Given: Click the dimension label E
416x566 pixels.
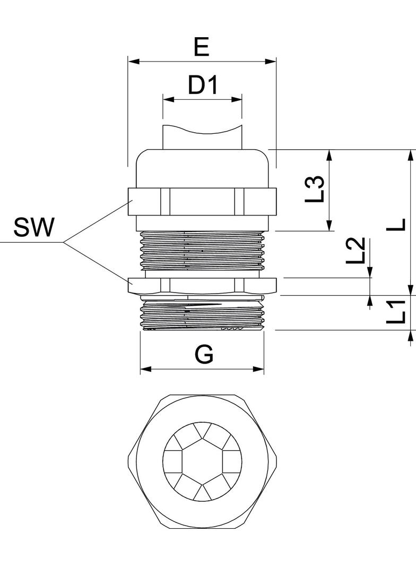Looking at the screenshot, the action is [202, 47].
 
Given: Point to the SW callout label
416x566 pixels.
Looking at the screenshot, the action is [34, 227].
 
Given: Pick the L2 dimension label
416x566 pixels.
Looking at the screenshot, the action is [356, 250].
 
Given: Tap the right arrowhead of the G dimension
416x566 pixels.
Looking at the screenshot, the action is [258, 369].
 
